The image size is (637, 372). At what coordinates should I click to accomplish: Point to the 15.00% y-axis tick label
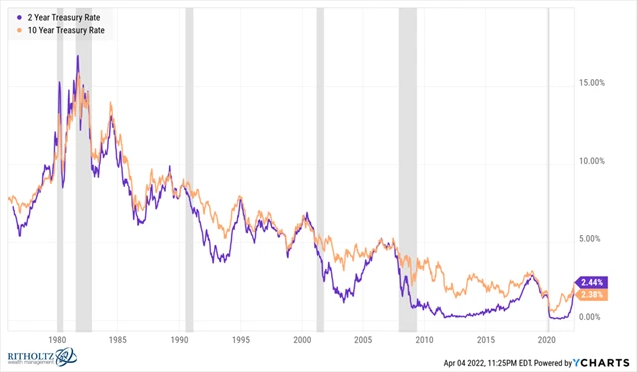[593, 83]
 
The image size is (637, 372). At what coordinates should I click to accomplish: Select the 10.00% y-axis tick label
[593, 161]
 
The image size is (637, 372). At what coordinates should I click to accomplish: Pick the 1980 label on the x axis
[57, 340]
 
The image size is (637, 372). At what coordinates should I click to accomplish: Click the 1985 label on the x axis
[118, 340]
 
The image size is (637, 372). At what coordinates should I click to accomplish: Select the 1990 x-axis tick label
[179, 340]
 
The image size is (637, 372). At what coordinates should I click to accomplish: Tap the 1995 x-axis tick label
[241, 340]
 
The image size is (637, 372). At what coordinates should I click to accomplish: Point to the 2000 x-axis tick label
[303, 340]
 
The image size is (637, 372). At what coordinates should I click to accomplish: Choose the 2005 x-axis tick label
[364, 340]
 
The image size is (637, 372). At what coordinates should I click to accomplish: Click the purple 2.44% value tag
[591, 282]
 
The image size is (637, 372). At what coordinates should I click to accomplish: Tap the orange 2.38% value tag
[591, 295]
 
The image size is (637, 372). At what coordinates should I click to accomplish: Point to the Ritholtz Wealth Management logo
[44, 356]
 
